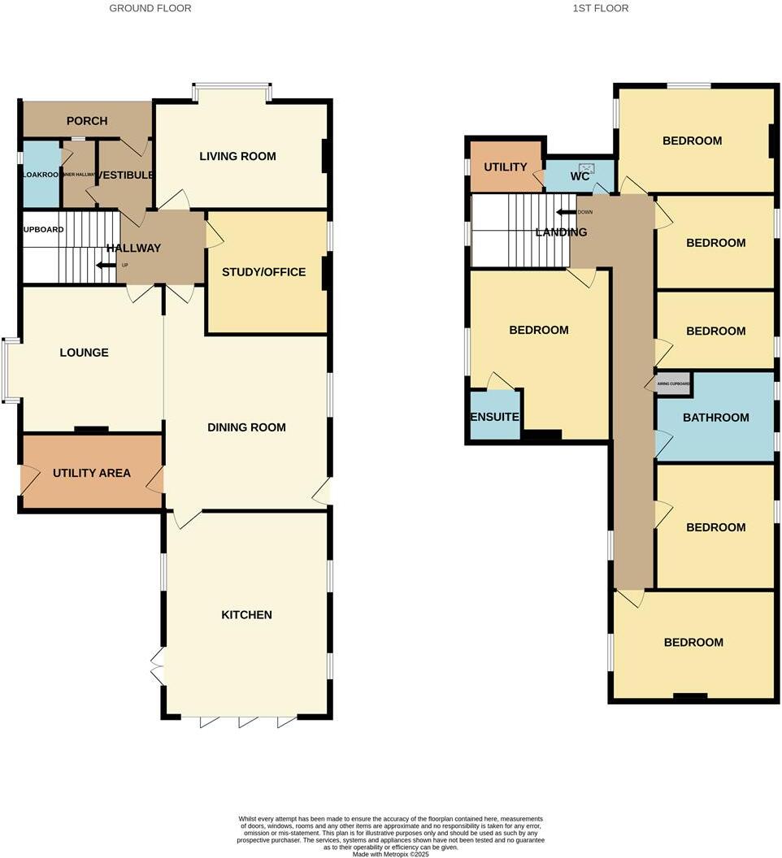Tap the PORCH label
[87, 121]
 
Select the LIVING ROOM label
[237, 156]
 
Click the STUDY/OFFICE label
[263, 271]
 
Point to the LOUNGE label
[84, 353]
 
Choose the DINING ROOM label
[246, 427]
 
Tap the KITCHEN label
[246, 615]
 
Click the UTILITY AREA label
[91, 473]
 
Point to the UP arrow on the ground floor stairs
[105, 265]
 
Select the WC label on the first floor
[580, 176]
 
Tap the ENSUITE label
[494, 417]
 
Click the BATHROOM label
[715, 418]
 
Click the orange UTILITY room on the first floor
[506, 167]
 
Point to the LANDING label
[561, 232]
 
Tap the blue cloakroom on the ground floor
[41, 174]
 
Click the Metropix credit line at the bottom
[391, 853]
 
